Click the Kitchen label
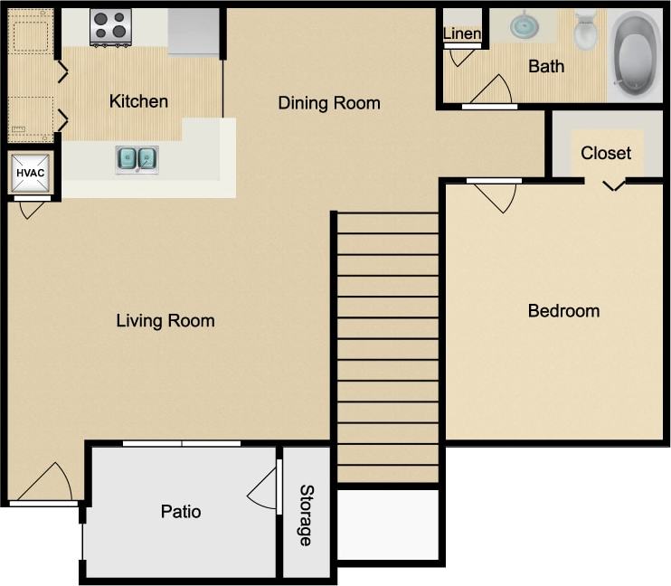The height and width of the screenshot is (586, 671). tap(138, 100)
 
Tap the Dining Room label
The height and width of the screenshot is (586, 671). tap(328, 102)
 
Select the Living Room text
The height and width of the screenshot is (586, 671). tap(165, 320)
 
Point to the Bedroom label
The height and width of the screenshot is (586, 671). tap(563, 311)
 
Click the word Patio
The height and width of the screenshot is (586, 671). tap(181, 512)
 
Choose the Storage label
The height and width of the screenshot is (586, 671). tap(307, 515)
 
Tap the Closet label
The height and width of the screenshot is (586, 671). tap(606, 153)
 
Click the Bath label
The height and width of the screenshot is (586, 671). tap(546, 66)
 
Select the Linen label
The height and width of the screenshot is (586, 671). tap(462, 33)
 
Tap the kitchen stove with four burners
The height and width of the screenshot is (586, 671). tap(110, 27)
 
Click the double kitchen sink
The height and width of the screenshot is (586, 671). tap(137, 160)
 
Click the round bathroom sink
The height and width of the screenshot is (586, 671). tap(524, 24)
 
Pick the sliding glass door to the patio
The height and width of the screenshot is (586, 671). tap(182, 443)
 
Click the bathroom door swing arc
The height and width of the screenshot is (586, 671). tap(493, 90)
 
